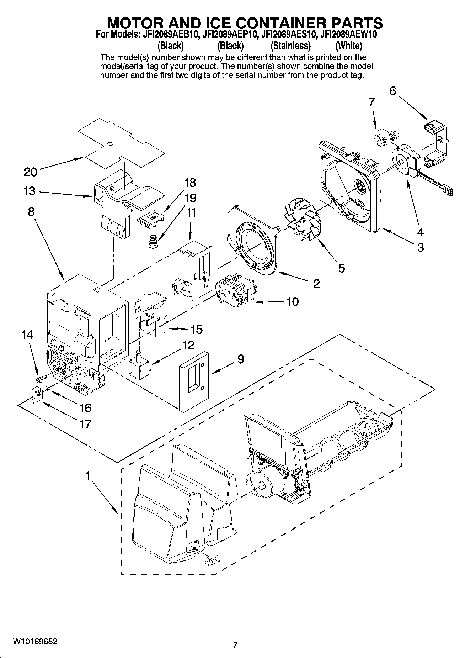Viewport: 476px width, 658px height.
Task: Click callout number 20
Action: (x=30, y=172)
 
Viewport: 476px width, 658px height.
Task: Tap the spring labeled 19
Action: (x=153, y=242)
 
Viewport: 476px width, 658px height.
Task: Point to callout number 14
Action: (x=27, y=335)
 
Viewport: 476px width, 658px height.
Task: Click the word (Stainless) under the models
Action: (x=290, y=46)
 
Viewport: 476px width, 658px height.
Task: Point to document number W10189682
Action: (x=35, y=642)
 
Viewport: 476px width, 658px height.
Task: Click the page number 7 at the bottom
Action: (x=235, y=644)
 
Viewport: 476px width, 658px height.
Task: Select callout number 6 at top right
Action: (x=392, y=91)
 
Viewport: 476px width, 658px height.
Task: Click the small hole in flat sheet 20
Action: (x=110, y=144)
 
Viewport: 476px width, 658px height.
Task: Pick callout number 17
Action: (x=85, y=424)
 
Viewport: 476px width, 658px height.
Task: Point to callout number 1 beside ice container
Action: (x=88, y=475)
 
